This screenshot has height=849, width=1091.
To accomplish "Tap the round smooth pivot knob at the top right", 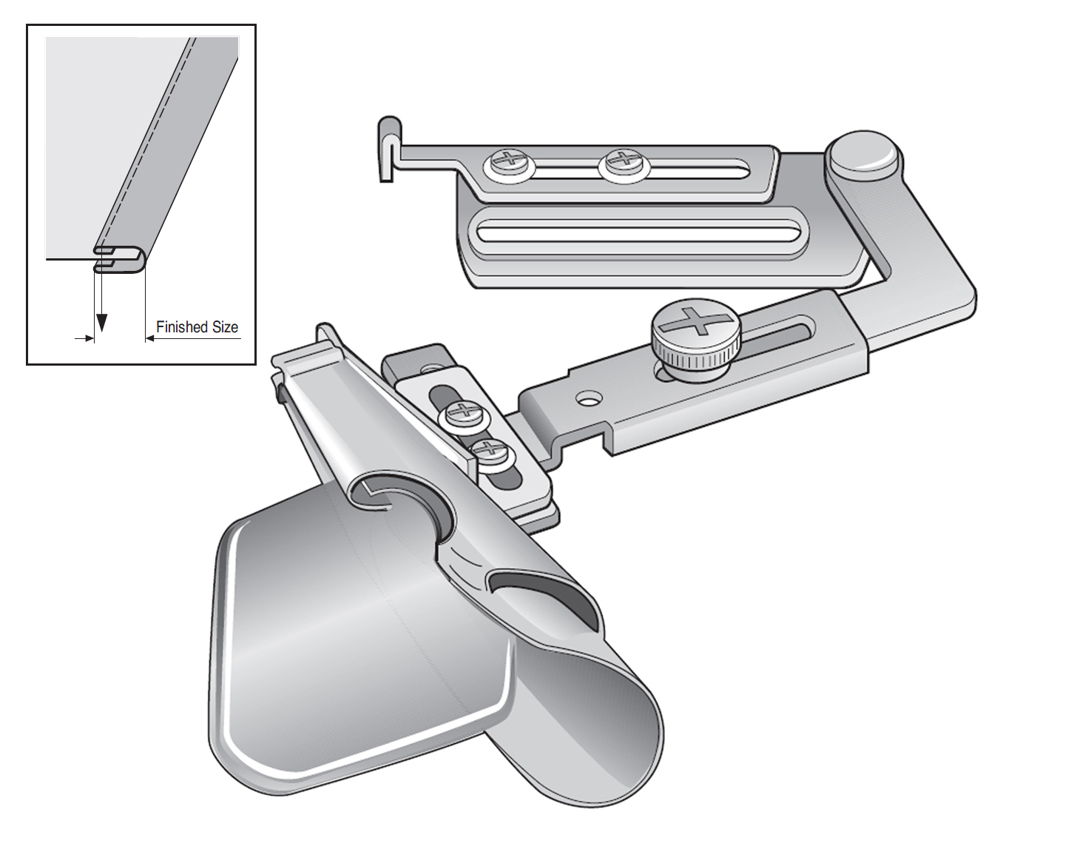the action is click(x=862, y=156).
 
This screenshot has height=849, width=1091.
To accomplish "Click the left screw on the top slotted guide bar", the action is click(x=509, y=165).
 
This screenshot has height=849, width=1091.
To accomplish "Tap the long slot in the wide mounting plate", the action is click(x=636, y=234).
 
